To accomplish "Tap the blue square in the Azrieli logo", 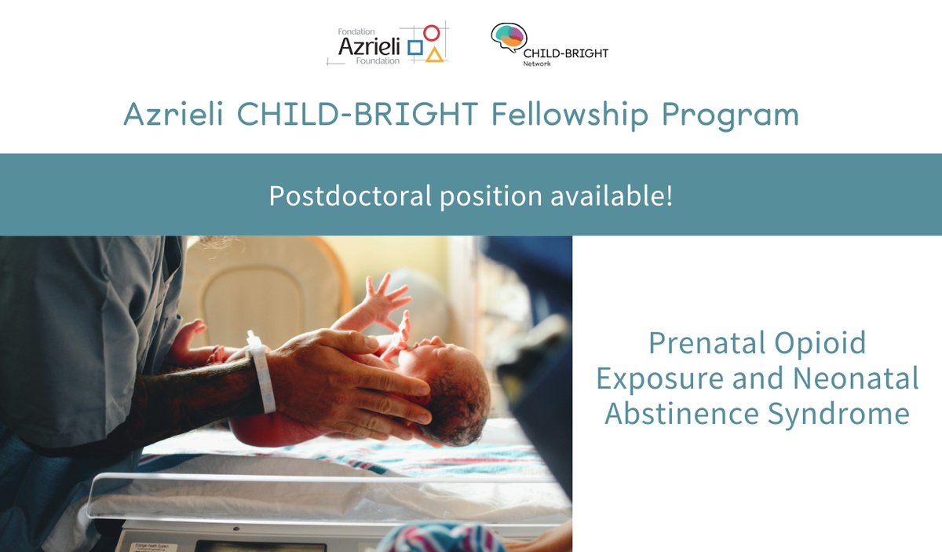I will point(415,51).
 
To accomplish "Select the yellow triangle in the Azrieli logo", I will point(434,54).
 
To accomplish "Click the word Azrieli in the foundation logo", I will point(368,47).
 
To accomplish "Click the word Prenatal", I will point(710,343).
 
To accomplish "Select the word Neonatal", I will point(855,378).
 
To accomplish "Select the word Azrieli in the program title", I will point(175,115).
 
